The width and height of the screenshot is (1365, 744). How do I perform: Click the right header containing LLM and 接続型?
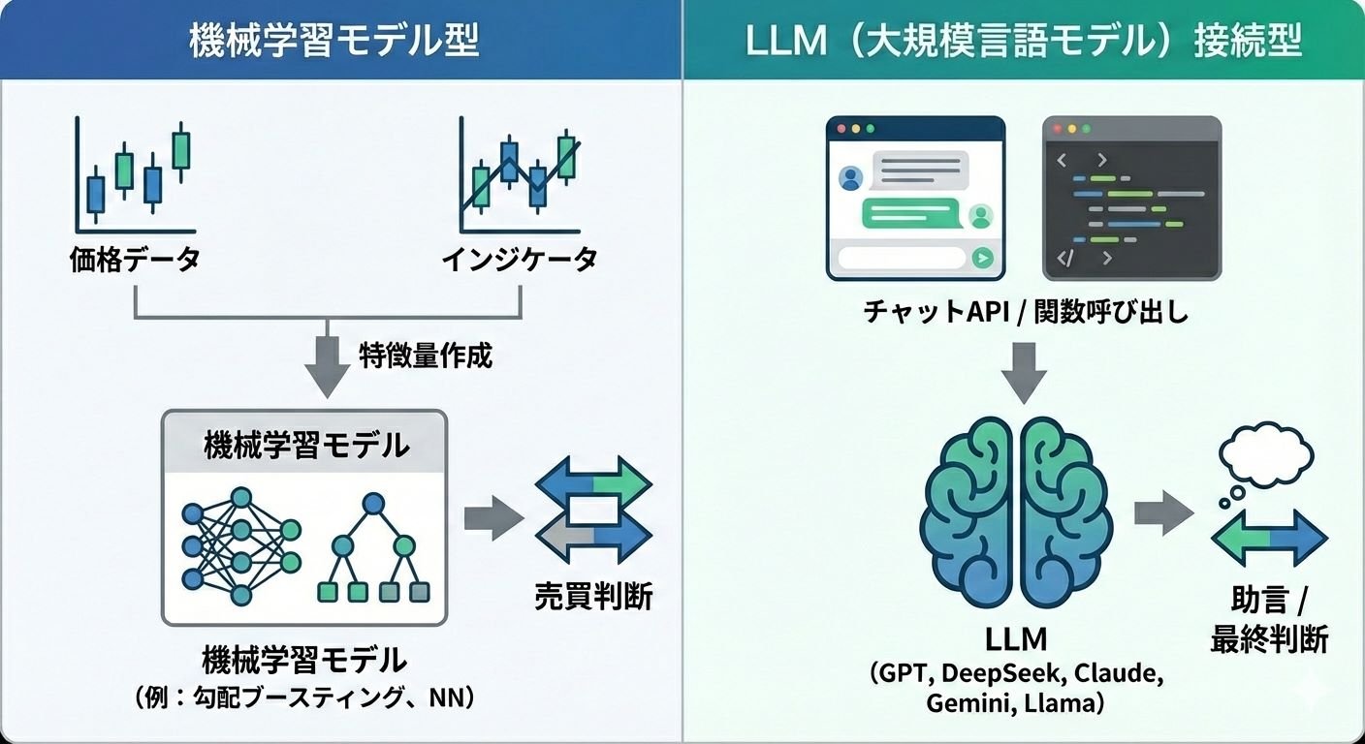point(1024,42)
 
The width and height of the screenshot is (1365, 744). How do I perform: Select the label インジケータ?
point(519,260)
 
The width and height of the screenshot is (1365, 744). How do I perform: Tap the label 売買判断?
point(593,596)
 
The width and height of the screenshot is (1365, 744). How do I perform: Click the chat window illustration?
point(915,199)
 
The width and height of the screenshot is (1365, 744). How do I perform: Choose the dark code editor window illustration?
point(1131,199)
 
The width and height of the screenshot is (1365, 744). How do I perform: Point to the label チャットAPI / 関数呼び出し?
point(1026,313)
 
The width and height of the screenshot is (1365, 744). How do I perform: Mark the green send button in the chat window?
point(984,258)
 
